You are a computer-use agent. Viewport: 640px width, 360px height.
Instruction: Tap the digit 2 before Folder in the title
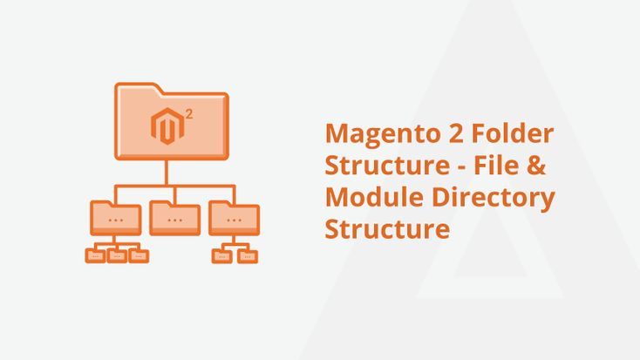pyautogui.click(x=455, y=133)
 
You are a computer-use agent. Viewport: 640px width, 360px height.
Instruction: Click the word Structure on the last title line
pyautogui.click(x=387, y=228)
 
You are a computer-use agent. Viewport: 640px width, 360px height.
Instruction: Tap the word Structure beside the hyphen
pyautogui.click(x=387, y=166)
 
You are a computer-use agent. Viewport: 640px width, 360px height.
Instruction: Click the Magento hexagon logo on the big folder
pyautogui.click(x=167, y=126)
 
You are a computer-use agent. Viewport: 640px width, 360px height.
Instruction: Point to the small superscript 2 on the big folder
pyautogui.click(x=188, y=114)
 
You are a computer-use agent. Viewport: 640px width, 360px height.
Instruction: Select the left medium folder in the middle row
pyautogui.click(x=116, y=218)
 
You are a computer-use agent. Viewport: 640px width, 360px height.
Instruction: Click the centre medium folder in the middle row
pyautogui.click(x=174, y=218)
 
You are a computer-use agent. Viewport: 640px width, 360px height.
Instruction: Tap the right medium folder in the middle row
pyautogui.click(x=234, y=218)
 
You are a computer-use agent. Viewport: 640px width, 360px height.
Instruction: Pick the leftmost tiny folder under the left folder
pyautogui.click(x=95, y=255)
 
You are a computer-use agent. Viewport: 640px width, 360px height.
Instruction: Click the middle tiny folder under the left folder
pyautogui.click(x=117, y=255)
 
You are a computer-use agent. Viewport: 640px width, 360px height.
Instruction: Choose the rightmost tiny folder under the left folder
pyautogui.click(x=139, y=255)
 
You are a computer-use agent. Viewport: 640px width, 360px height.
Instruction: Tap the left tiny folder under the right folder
pyautogui.click(x=222, y=256)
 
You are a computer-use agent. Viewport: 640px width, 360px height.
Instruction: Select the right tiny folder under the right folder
pyautogui.click(x=248, y=256)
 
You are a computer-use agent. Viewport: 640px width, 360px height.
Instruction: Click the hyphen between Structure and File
pyautogui.click(x=461, y=167)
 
